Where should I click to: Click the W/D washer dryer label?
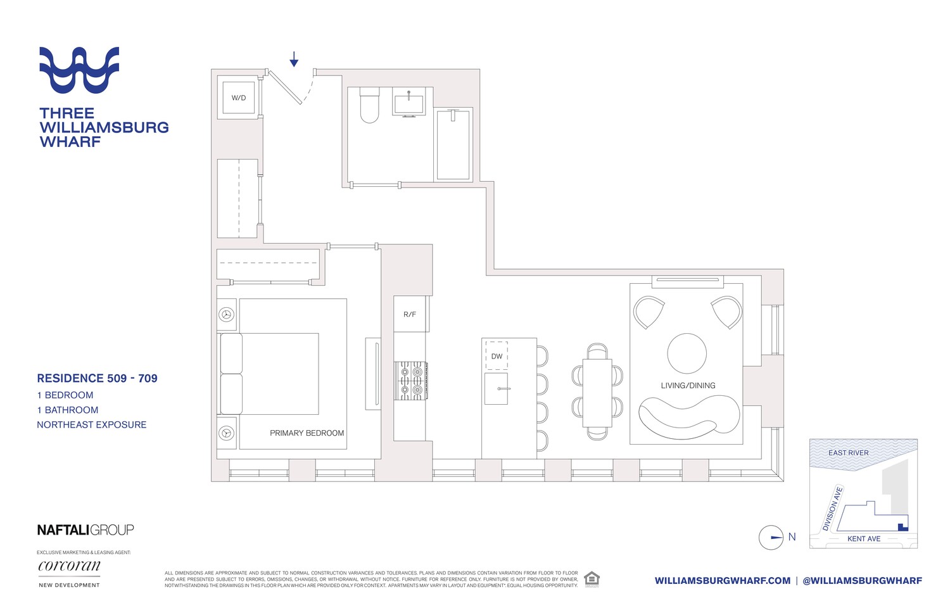coord(238,98)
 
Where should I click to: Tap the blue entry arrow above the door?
coord(293,60)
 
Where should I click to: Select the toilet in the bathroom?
coord(369,105)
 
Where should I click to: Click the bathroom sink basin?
coord(408,105)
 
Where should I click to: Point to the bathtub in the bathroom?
coord(453,144)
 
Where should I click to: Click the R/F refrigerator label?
coord(410,314)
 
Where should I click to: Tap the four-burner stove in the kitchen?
coord(410,381)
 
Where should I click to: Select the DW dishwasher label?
coord(497,357)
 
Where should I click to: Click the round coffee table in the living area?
coord(687,353)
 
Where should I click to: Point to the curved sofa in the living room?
coord(689,417)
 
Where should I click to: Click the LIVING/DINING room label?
coord(688,386)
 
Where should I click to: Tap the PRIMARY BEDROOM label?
coord(307,433)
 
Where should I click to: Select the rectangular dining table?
coord(597,393)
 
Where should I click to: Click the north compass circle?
coord(771,537)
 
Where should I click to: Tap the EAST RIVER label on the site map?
coord(848,453)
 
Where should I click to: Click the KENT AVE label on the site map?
coord(864,538)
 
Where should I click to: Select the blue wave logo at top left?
coord(79,70)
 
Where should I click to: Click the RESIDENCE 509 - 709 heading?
coord(97,378)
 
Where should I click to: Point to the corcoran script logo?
coord(69,566)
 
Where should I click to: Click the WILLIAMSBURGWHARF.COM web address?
coord(723,581)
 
